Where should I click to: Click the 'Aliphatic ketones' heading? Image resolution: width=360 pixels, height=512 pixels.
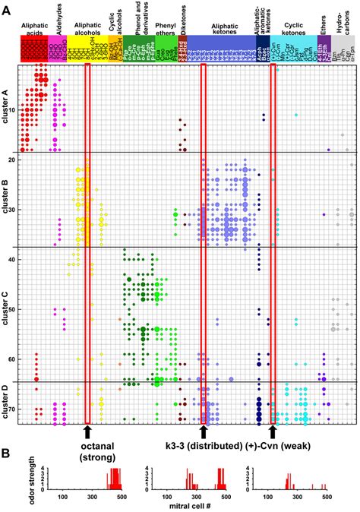(225, 26)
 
